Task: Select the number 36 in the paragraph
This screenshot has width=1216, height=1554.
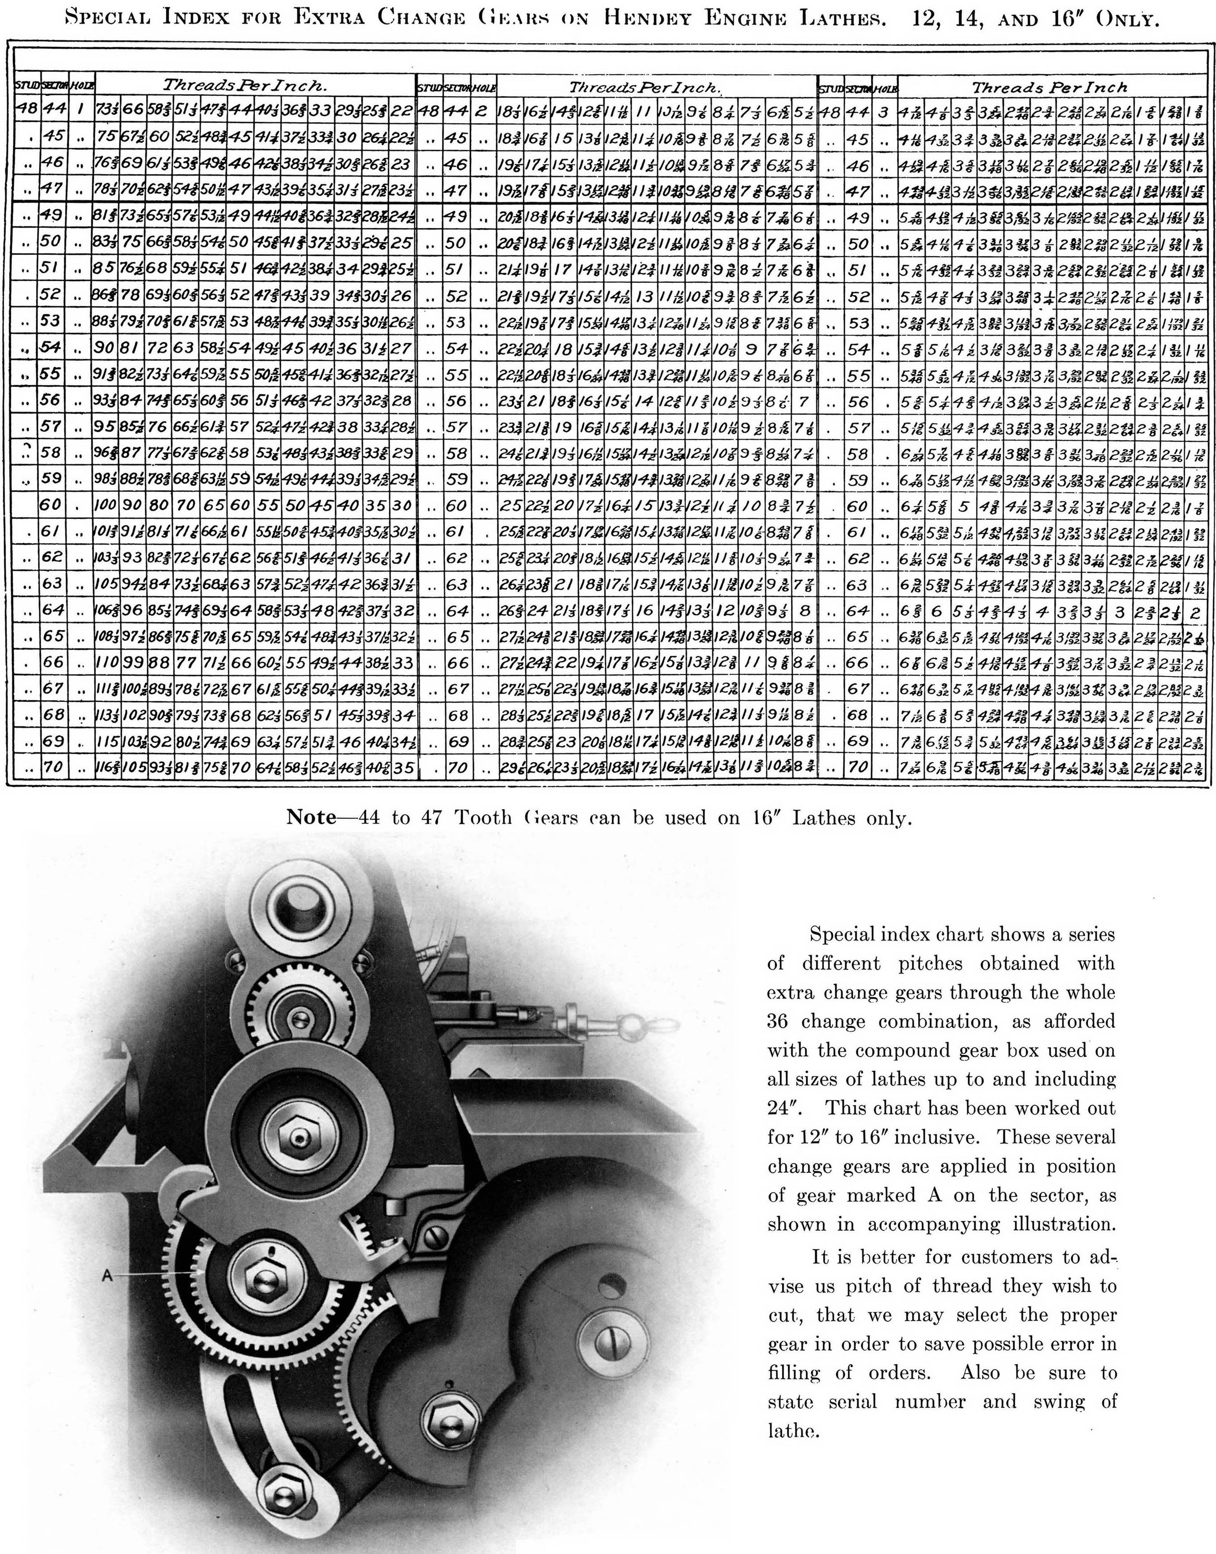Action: pos(777,1021)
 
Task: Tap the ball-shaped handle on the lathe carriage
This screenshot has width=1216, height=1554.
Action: pos(628,1025)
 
